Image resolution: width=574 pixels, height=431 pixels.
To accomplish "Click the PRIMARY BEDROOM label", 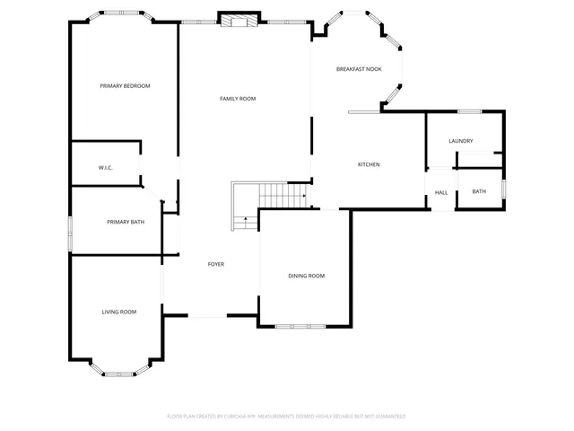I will pyautogui.click(x=125, y=86).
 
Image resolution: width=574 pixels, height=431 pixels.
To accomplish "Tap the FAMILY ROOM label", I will pyautogui.click(x=239, y=99).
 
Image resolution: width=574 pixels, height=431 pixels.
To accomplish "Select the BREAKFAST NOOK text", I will pyautogui.click(x=359, y=69).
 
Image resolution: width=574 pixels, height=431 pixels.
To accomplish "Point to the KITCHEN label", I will pyautogui.click(x=369, y=164).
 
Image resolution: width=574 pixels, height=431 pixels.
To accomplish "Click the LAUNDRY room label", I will pyautogui.click(x=461, y=141).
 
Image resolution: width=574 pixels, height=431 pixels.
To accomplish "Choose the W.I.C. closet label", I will pyautogui.click(x=105, y=168).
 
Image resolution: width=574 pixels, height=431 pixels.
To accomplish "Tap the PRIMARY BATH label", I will pyautogui.click(x=126, y=222).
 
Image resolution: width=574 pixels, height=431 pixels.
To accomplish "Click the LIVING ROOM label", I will pyautogui.click(x=118, y=312).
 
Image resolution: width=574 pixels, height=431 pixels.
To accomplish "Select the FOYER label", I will pyautogui.click(x=216, y=264).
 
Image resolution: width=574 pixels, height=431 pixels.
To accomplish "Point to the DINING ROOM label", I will pyautogui.click(x=306, y=276).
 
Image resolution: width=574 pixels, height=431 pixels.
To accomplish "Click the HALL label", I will pyautogui.click(x=441, y=192).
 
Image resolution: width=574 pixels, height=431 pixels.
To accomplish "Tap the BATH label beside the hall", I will pyautogui.click(x=479, y=190).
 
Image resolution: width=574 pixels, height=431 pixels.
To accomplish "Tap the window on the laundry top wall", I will pyautogui.click(x=470, y=111).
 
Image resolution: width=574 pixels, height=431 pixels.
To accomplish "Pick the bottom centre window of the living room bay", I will pyautogui.click(x=117, y=373).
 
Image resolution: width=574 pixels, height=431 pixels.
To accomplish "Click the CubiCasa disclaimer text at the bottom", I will pyautogui.click(x=286, y=417).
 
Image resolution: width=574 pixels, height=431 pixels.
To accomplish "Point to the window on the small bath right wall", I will pyautogui.click(x=504, y=188).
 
